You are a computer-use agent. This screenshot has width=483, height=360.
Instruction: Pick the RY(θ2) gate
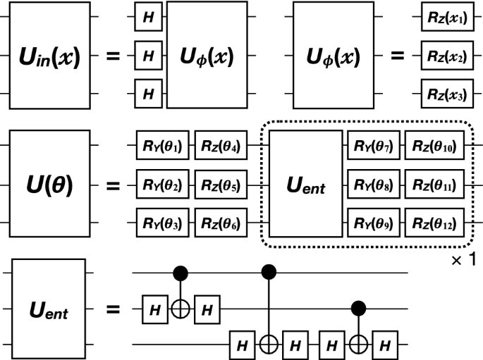coord(162,187)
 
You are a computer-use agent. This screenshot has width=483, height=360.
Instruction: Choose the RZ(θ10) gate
coord(434,148)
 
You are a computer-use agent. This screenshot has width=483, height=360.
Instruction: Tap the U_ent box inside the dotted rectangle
coord(305,186)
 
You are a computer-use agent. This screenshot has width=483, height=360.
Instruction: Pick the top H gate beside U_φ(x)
coord(149,18)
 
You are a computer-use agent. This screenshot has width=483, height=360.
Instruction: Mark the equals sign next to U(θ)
coord(112,187)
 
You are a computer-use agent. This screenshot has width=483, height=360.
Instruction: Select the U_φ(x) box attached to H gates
coord(207,55)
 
